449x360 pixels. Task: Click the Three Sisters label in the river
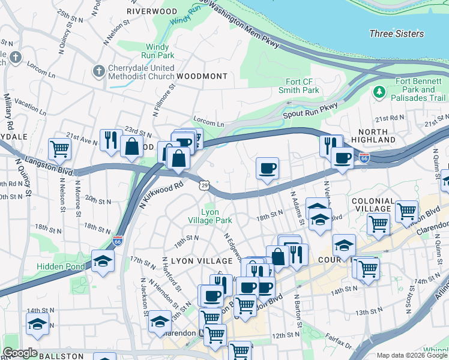coord(396,34)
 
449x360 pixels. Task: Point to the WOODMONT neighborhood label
coord(202,76)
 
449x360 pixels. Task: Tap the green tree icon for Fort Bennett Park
coord(379,92)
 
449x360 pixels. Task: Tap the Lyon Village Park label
coord(216,217)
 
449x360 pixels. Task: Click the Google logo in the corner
coord(20,353)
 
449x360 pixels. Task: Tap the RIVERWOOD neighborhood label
coord(152,11)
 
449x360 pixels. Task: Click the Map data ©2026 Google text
coord(411,355)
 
